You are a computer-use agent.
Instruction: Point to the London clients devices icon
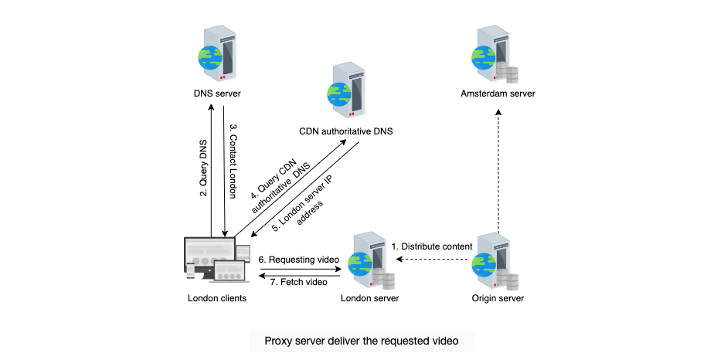217,259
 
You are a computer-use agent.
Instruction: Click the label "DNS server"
217,93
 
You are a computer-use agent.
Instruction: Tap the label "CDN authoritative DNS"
346,131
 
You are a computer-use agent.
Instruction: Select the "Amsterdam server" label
498,93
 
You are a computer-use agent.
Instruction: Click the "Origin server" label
498,298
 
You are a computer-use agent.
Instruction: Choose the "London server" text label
370,298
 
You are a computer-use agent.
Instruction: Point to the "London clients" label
217,298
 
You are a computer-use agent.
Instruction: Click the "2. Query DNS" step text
203,168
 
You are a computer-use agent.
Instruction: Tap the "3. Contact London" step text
233,167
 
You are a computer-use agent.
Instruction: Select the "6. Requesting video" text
299,260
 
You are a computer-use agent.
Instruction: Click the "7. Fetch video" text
298,281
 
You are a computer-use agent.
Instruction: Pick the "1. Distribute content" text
432,246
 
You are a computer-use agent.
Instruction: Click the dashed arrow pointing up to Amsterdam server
498,172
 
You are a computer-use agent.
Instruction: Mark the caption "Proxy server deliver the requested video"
362,341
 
